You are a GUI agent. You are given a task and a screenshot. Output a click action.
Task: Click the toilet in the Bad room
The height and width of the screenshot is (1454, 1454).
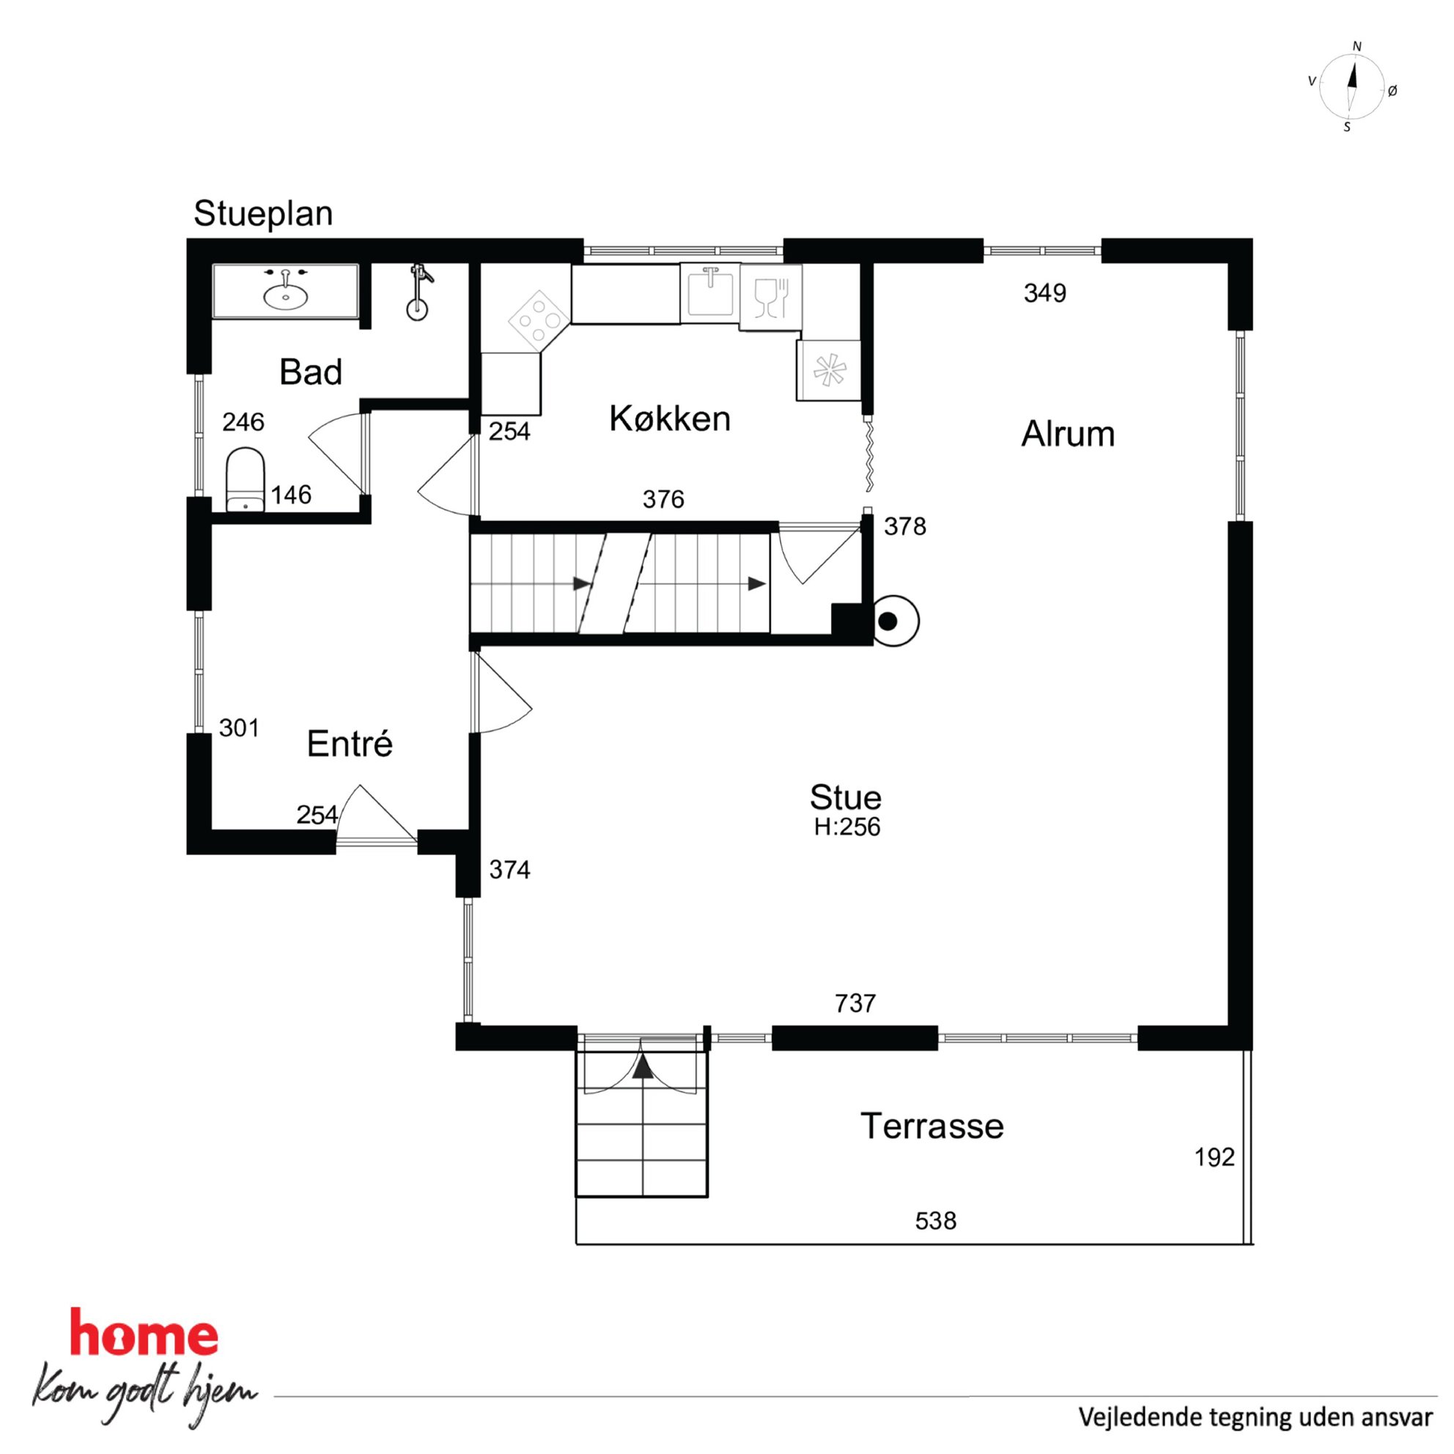click(246, 479)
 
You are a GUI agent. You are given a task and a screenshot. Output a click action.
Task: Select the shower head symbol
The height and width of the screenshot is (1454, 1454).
click(419, 291)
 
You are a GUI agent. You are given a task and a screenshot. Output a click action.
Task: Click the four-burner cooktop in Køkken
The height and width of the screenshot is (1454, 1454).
click(539, 320)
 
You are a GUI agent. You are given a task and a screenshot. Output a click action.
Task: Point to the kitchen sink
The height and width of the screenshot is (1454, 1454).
click(709, 292)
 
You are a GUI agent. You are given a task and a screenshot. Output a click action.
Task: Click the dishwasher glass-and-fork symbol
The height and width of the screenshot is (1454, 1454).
click(771, 298)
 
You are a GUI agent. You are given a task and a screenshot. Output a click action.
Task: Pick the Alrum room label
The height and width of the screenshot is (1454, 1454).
click(1068, 435)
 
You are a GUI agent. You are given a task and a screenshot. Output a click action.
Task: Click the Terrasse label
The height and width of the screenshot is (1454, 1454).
click(931, 1126)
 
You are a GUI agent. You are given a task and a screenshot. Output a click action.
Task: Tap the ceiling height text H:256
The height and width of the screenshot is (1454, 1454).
click(846, 827)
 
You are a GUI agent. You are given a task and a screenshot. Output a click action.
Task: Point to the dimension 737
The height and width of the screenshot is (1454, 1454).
click(856, 1003)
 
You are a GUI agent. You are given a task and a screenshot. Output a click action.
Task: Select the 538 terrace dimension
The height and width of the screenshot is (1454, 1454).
click(935, 1221)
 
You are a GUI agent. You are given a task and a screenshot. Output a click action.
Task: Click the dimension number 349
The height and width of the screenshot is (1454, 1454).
click(1044, 292)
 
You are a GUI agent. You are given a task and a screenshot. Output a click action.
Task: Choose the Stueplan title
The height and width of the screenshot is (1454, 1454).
click(263, 215)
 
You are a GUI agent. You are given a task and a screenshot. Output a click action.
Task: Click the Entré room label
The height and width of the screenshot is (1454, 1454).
click(350, 744)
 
